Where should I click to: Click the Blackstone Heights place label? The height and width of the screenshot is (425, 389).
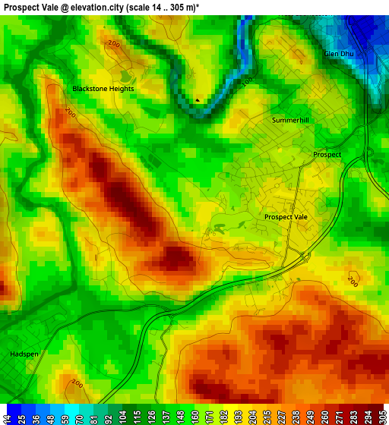tap(103, 89)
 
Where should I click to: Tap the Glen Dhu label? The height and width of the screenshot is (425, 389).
tap(339, 54)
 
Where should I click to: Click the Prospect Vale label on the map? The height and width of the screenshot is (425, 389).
tap(286, 217)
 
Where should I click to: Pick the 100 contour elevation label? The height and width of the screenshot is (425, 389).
tap(247, 81)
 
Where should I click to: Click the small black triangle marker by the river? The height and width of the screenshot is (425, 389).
tap(198, 99)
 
